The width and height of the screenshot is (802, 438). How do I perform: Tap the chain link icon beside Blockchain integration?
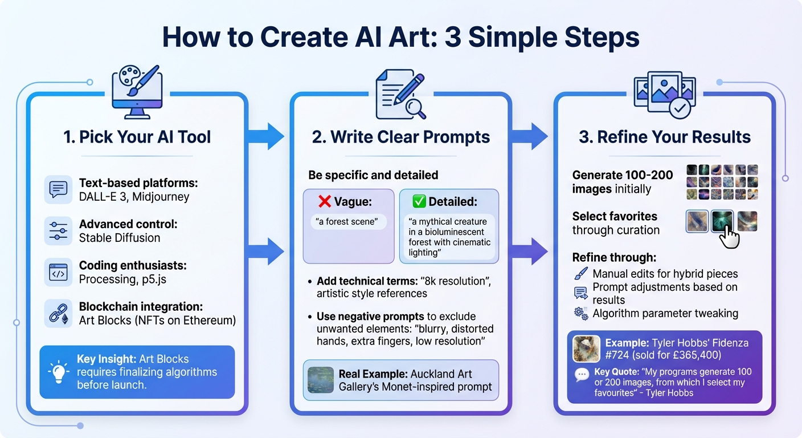click(x=59, y=313)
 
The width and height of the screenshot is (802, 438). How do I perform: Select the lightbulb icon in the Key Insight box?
click(x=59, y=372)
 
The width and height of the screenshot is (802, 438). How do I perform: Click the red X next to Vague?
click(x=325, y=201)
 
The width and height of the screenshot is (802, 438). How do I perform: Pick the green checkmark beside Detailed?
click(x=419, y=201)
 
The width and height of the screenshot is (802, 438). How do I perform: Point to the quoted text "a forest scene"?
click(x=348, y=221)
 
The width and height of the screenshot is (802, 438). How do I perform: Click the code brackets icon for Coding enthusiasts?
click(x=59, y=273)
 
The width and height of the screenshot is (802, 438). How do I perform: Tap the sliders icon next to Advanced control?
click(x=59, y=231)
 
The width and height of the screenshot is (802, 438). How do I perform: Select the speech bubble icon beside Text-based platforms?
click(x=59, y=189)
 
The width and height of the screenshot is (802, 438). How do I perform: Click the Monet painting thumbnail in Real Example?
click(x=320, y=380)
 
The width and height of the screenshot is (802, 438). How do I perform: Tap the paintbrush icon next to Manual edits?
click(x=580, y=274)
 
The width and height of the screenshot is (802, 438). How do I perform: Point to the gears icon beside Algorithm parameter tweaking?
click(x=581, y=313)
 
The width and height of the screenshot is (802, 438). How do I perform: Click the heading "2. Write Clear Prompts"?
click(x=401, y=137)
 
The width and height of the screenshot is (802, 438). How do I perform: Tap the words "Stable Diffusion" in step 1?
click(x=119, y=238)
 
